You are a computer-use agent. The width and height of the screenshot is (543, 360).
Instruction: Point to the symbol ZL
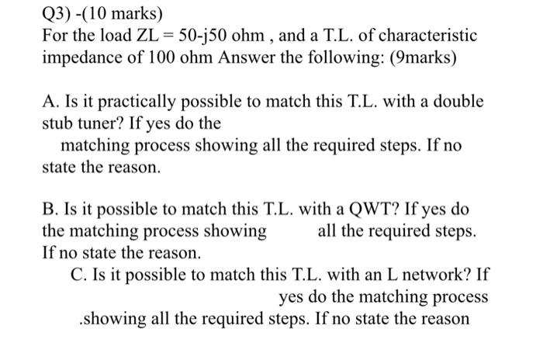coord(146,36)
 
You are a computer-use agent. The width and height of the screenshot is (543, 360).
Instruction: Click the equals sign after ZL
coord(169,36)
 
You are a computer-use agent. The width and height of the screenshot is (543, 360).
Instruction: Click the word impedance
coord(82,58)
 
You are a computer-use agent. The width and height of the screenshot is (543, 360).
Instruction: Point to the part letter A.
coord(49,102)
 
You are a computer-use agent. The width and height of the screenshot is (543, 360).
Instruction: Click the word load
coord(112,36)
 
